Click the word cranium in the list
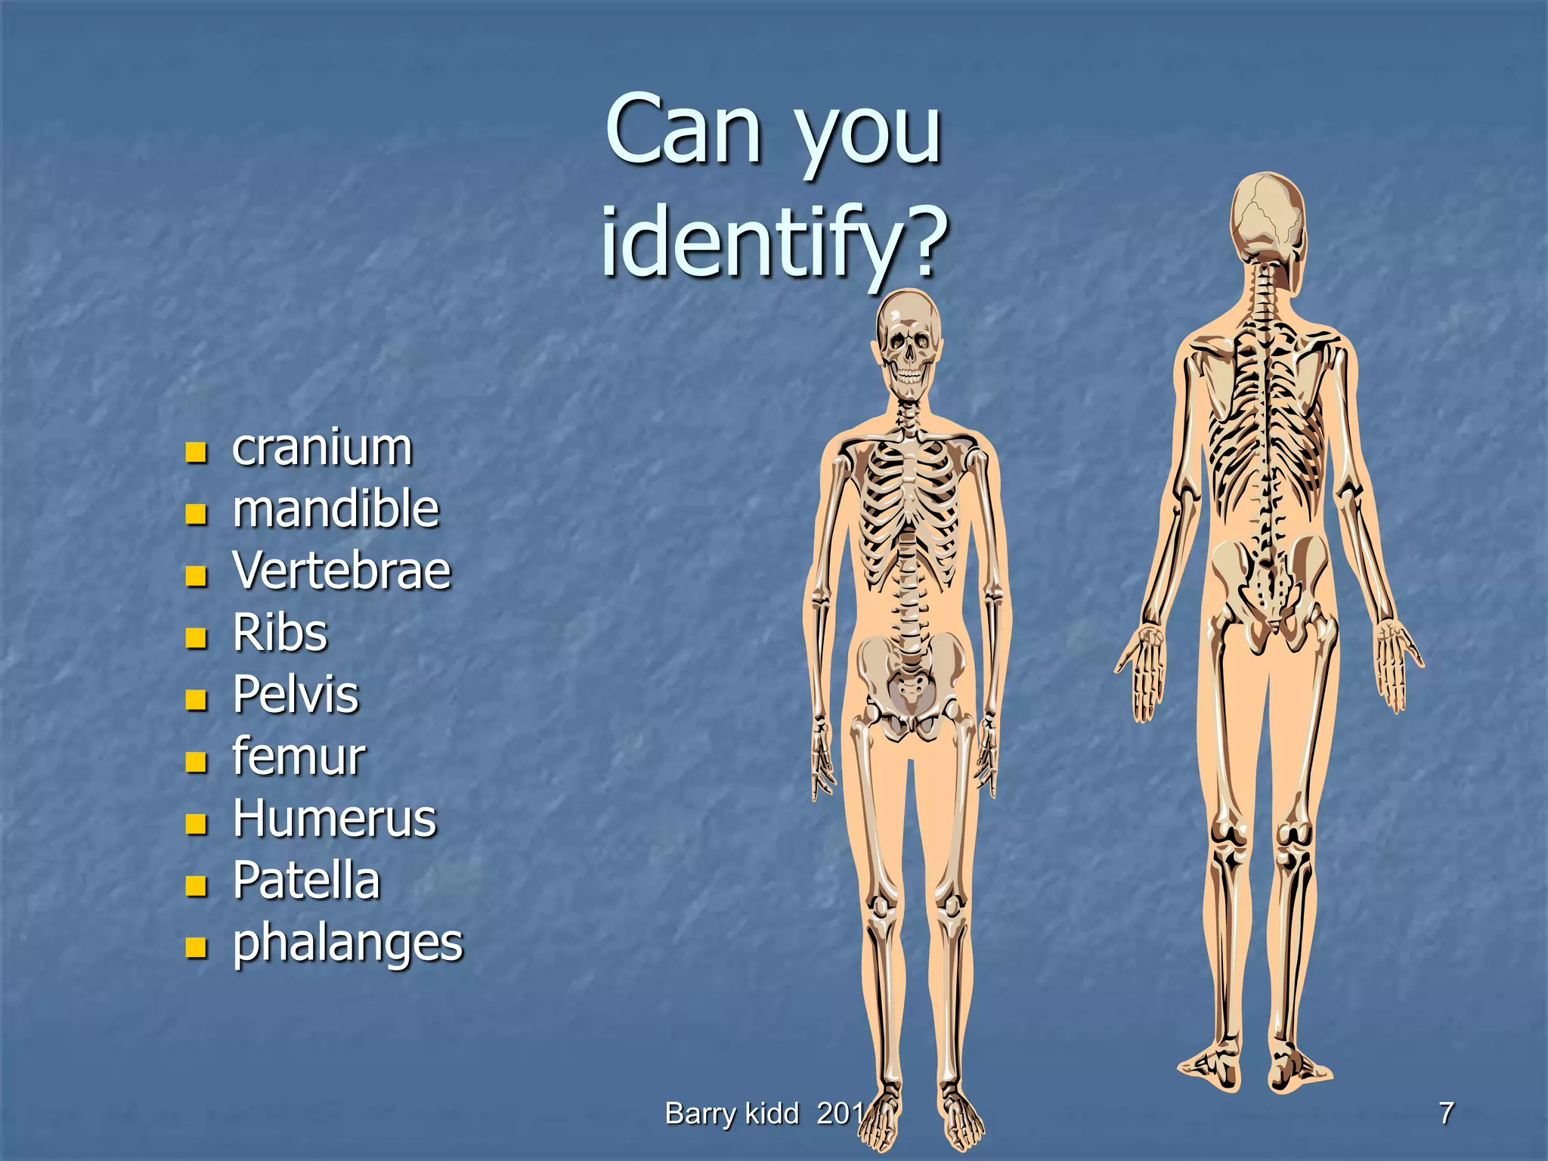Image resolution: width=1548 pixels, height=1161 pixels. pos(322,448)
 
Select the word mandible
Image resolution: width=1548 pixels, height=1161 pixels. pos(336,509)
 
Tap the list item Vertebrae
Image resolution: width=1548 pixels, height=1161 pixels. pos(342,571)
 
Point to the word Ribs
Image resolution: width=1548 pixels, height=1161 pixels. pos(280,633)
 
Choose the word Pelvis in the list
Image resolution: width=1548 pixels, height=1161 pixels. pos(296,695)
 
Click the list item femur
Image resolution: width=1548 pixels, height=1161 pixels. pos(299,757)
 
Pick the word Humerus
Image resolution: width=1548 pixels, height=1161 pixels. pos(335,819)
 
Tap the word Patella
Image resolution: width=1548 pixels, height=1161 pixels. pos(306,881)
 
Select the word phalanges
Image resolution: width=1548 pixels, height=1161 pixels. pos(348,944)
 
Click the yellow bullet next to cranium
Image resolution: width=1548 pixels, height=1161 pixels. pos(197,453)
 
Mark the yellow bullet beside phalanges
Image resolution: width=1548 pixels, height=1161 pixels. pos(197,947)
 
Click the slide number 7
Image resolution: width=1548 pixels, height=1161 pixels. pos(1446,1113)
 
